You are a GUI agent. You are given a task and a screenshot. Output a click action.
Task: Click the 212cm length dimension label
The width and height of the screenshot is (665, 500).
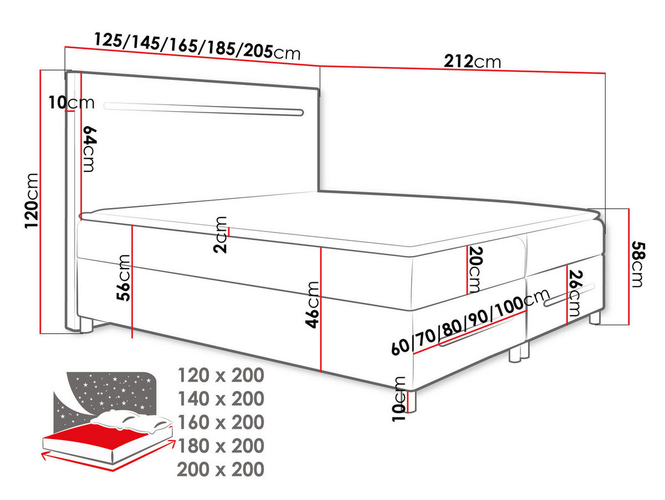[472, 62]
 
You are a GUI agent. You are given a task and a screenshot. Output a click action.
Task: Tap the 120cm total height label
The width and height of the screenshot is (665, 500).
[32, 201]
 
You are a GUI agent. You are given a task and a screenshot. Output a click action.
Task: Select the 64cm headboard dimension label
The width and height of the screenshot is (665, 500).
[89, 149]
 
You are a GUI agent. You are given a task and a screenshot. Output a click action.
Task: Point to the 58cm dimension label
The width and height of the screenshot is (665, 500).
[638, 264]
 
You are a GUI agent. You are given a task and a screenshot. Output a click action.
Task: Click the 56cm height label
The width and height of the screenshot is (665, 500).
[124, 277]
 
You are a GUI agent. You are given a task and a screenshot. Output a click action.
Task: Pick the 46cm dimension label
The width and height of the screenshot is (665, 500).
[312, 305]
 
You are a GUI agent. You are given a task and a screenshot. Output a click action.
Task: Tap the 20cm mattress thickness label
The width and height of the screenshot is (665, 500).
[475, 269]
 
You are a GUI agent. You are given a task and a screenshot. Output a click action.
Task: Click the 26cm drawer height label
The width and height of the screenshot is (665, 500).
[575, 293]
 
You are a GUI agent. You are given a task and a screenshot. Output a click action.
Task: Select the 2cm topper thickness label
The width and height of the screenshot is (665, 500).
[220, 235]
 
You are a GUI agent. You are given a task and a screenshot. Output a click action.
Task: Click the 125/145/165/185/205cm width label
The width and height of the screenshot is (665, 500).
[197, 46]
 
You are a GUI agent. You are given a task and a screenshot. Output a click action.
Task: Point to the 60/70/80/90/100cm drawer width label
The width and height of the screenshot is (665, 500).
[470, 322]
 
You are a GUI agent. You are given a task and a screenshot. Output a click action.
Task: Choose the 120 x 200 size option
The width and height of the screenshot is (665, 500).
[221, 375]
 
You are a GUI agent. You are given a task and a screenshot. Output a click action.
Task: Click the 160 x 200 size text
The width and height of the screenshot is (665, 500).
[221, 422]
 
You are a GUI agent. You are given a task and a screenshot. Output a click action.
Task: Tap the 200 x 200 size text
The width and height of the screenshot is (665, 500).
[220, 469]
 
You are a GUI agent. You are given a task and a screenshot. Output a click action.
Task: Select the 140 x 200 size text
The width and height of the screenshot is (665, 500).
[221, 398]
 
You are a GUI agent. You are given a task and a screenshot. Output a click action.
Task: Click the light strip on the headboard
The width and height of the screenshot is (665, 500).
[203, 109]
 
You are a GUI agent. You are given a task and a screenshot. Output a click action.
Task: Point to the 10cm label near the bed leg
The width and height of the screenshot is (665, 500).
[398, 399]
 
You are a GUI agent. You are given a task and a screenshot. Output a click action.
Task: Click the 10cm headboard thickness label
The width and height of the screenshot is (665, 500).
[71, 103]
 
